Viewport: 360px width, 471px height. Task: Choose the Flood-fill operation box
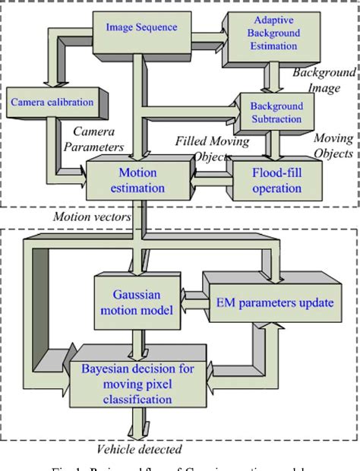(x=277, y=179)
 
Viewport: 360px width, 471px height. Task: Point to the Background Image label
(x=324, y=79)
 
